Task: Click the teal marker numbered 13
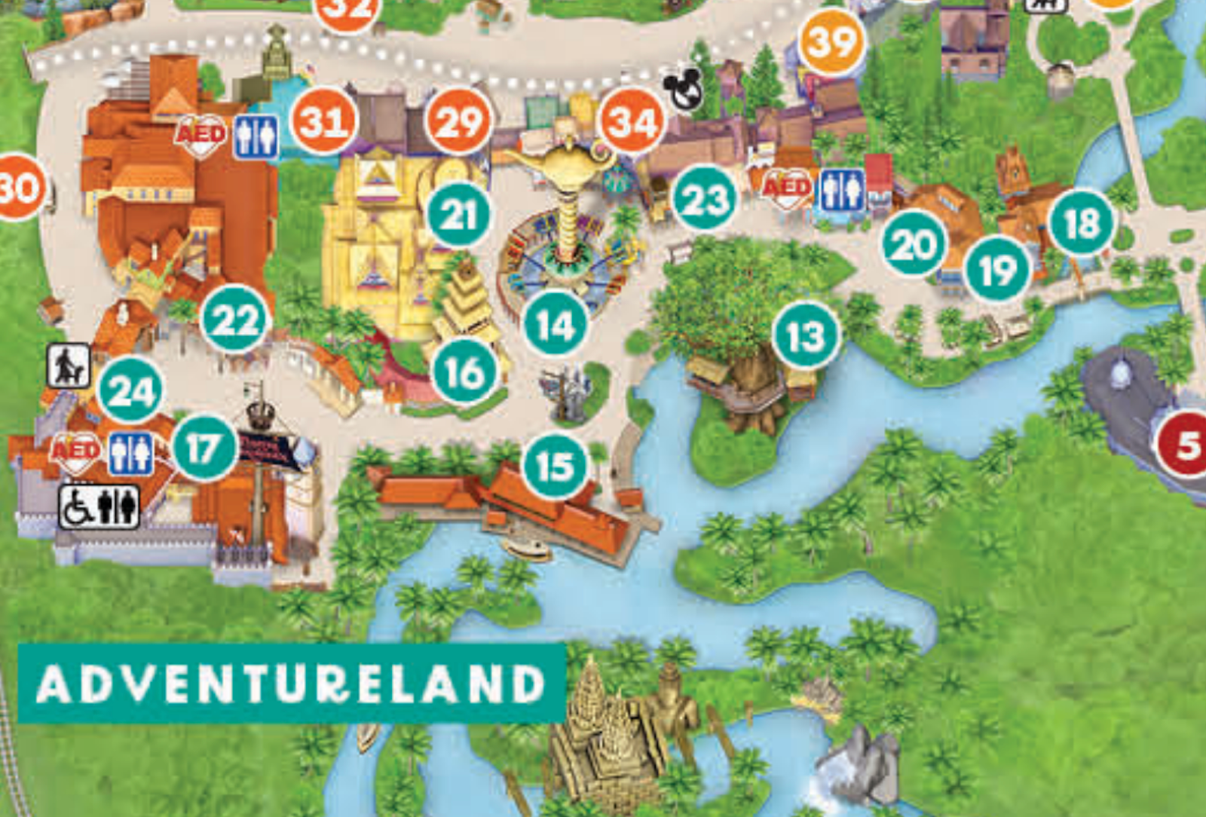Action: click(x=806, y=335)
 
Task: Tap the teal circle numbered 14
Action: click(x=556, y=325)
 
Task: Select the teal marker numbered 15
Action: click(x=556, y=466)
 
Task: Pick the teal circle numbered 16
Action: click(x=465, y=372)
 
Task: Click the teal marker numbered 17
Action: click(x=205, y=448)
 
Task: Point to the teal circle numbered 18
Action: click(x=1082, y=222)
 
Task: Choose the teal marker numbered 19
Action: click(x=998, y=268)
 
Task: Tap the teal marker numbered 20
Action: click(x=914, y=243)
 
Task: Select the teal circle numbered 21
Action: click(x=459, y=215)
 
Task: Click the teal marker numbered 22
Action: click(x=235, y=319)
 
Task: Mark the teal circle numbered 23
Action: click(x=705, y=199)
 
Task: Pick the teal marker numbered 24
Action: click(x=131, y=390)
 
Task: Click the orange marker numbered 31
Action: click(x=324, y=121)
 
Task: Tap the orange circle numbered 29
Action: click(x=458, y=121)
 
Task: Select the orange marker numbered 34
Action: click(x=632, y=121)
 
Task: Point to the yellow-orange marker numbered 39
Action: click(x=832, y=41)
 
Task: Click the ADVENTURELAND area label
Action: click(x=292, y=683)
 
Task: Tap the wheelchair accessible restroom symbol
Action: click(x=99, y=506)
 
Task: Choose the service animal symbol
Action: click(x=69, y=366)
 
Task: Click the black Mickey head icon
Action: click(x=684, y=90)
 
